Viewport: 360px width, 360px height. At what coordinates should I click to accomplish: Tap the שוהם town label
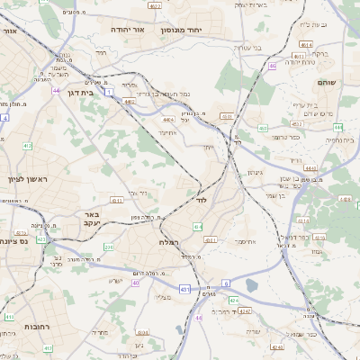[327, 82]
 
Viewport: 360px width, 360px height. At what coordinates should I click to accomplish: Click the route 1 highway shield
[107, 93]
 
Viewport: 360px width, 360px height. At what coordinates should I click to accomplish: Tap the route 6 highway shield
[225, 283]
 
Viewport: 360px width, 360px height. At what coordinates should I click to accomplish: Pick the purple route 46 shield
[272, 66]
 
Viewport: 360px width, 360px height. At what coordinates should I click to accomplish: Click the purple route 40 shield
[136, 283]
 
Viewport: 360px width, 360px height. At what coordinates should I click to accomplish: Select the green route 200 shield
[109, 247]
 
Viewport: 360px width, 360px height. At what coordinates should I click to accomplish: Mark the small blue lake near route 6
[251, 285]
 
